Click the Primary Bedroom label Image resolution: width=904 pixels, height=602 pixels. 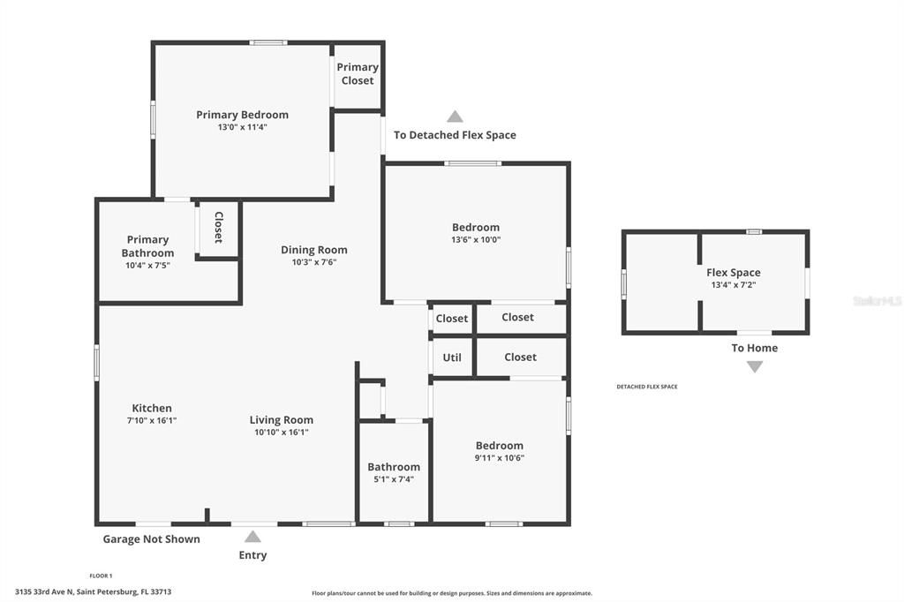tap(242, 115)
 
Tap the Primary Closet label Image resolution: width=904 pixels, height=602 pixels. tap(358, 74)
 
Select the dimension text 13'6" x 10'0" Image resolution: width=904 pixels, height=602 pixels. tap(476, 239)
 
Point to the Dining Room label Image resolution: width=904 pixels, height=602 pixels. tap(314, 250)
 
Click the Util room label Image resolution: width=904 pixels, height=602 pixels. tap(452, 357)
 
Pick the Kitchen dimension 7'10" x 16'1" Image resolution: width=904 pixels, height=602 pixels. tap(152, 420)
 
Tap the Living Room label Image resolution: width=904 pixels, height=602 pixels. tap(281, 420)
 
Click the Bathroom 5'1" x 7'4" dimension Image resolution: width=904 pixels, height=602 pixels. tap(394, 479)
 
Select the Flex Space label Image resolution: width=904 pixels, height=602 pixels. tap(733, 273)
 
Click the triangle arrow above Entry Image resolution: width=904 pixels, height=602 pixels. tap(252, 536)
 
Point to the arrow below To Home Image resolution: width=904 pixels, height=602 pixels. tap(754, 366)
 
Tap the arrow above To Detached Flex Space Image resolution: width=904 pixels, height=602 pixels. tap(455, 117)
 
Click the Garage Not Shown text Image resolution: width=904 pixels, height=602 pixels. tap(152, 539)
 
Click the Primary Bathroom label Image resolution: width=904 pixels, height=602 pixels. tap(147, 246)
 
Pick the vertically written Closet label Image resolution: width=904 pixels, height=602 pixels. tap(218, 228)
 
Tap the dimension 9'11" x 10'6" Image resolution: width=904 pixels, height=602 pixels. tap(500, 457)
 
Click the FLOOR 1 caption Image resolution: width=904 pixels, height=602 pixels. tap(102, 576)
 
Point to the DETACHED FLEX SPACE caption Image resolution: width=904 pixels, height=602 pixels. tap(646, 387)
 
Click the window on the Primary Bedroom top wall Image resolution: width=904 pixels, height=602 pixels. tap(267, 42)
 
